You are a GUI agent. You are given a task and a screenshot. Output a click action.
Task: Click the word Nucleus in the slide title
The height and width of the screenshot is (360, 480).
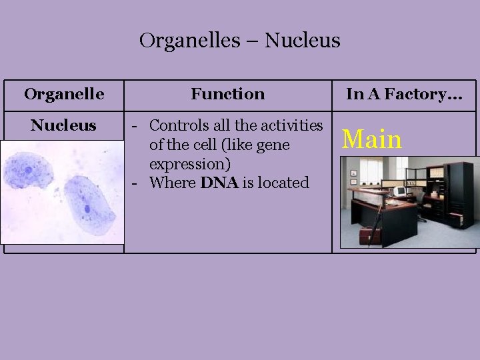tap(303, 41)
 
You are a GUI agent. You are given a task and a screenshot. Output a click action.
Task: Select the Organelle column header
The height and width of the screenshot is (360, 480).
tap(64, 94)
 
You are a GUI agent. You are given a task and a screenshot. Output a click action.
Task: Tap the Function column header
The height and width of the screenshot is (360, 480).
tap(227, 94)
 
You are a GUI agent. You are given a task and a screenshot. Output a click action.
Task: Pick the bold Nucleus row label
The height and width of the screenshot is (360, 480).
tap(64, 125)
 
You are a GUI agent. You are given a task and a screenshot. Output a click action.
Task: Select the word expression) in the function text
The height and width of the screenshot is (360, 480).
tap(185, 163)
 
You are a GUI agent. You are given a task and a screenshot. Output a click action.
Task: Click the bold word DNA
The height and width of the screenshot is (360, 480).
tap(219, 183)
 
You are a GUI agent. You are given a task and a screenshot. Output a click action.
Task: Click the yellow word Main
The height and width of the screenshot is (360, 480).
tap(371, 139)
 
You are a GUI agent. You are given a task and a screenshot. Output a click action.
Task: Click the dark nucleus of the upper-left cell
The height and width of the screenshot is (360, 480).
tap(29, 169)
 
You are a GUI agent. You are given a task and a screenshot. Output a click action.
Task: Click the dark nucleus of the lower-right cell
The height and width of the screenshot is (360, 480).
tap(87, 209)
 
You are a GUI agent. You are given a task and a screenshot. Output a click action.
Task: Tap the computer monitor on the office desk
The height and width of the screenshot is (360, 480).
tap(400, 191)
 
